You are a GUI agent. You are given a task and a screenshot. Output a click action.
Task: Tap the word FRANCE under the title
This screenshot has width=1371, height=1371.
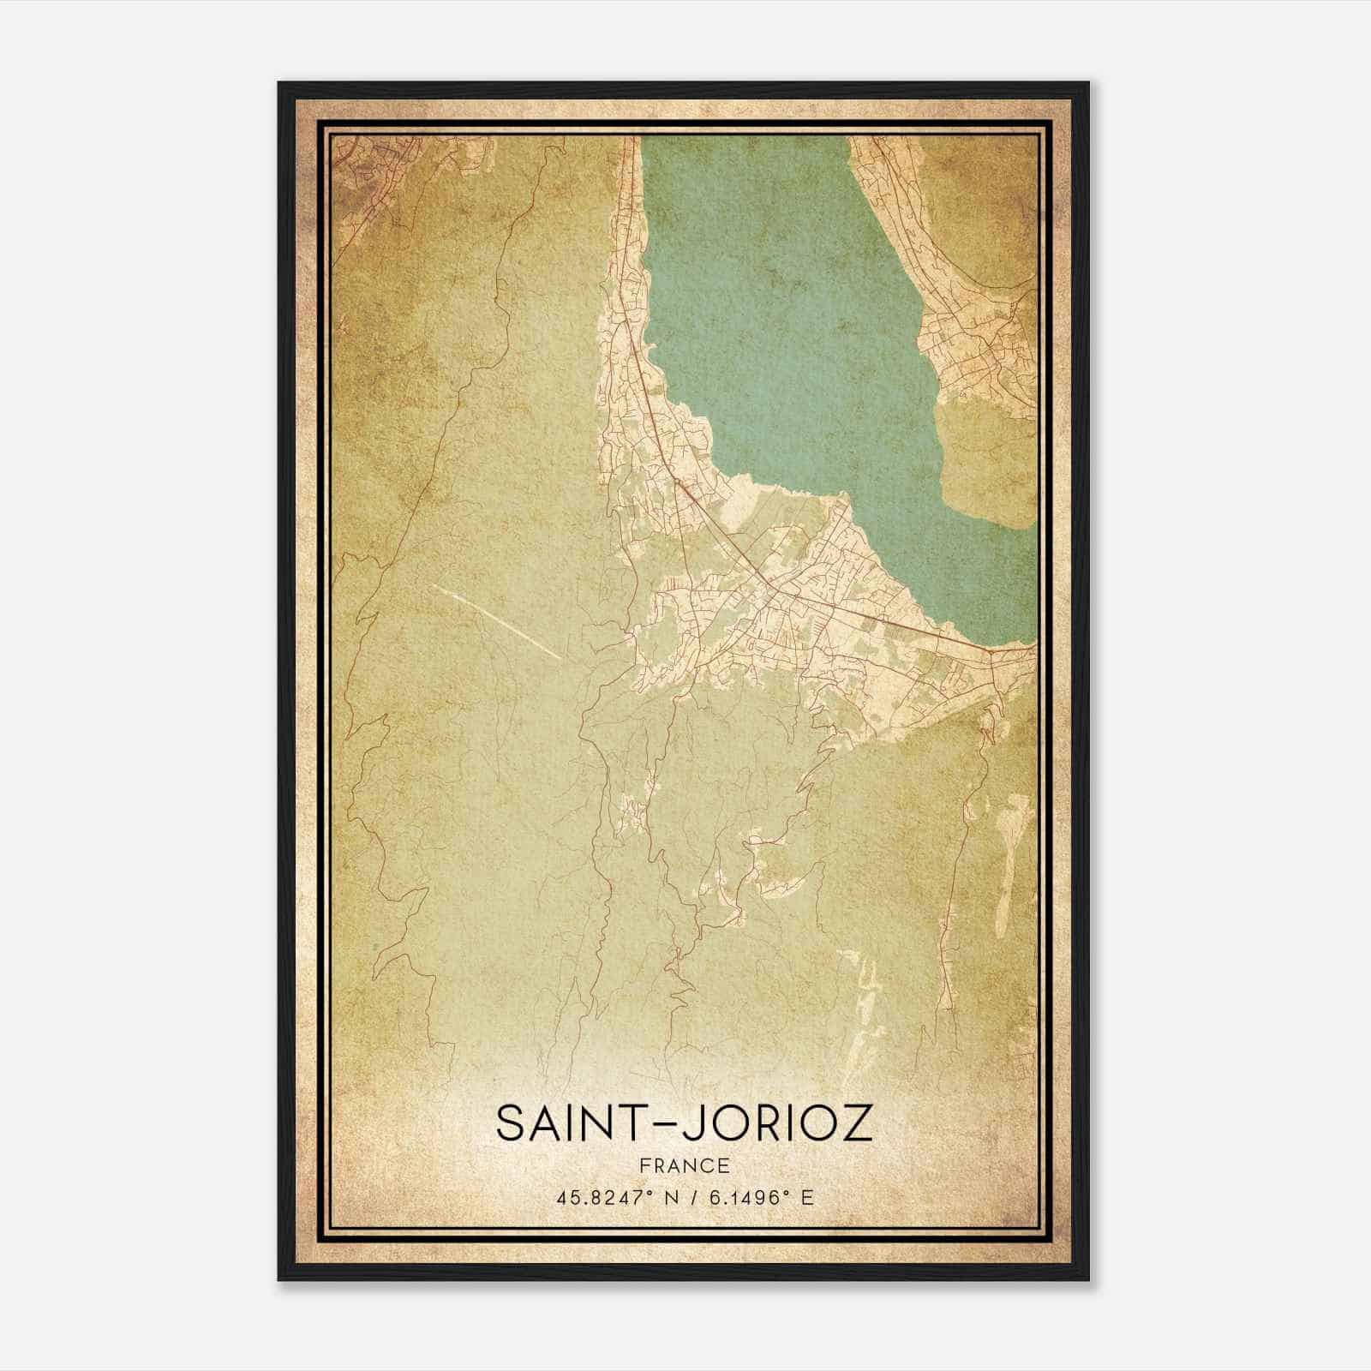[684, 1166]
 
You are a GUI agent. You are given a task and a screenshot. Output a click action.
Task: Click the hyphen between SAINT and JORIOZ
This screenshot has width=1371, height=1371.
[657, 1125]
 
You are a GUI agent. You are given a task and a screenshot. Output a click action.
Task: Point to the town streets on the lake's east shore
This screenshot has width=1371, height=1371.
[977, 343]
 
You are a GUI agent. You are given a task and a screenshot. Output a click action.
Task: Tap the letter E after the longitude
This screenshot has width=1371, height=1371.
[806, 1198]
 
